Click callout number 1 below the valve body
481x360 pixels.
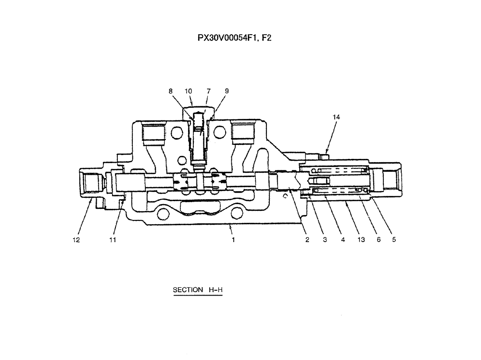click(x=233, y=239)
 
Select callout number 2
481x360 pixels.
click(x=307, y=239)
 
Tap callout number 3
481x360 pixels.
click(x=325, y=239)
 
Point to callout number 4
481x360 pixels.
click(x=343, y=239)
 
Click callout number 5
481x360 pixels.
click(x=394, y=239)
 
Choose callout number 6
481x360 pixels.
click(x=379, y=239)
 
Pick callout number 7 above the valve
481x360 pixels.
click(x=208, y=90)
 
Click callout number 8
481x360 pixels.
click(x=170, y=90)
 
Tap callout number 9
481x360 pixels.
click(x=227, y=90)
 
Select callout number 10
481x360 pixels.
click(x=188, y=90)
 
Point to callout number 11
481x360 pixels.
click(x=113, y=239)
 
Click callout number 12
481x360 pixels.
click(x=76, y=239)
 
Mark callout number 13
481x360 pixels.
click(x=361, y=239)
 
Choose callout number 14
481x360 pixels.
click(x=336, y=116)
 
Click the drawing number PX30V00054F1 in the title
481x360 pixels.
click(x=223, y=38)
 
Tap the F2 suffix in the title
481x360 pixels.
click(x=266, y=38)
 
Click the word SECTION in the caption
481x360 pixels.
click(x=188, y=290)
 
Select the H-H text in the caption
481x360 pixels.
click(x=215, y=290)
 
